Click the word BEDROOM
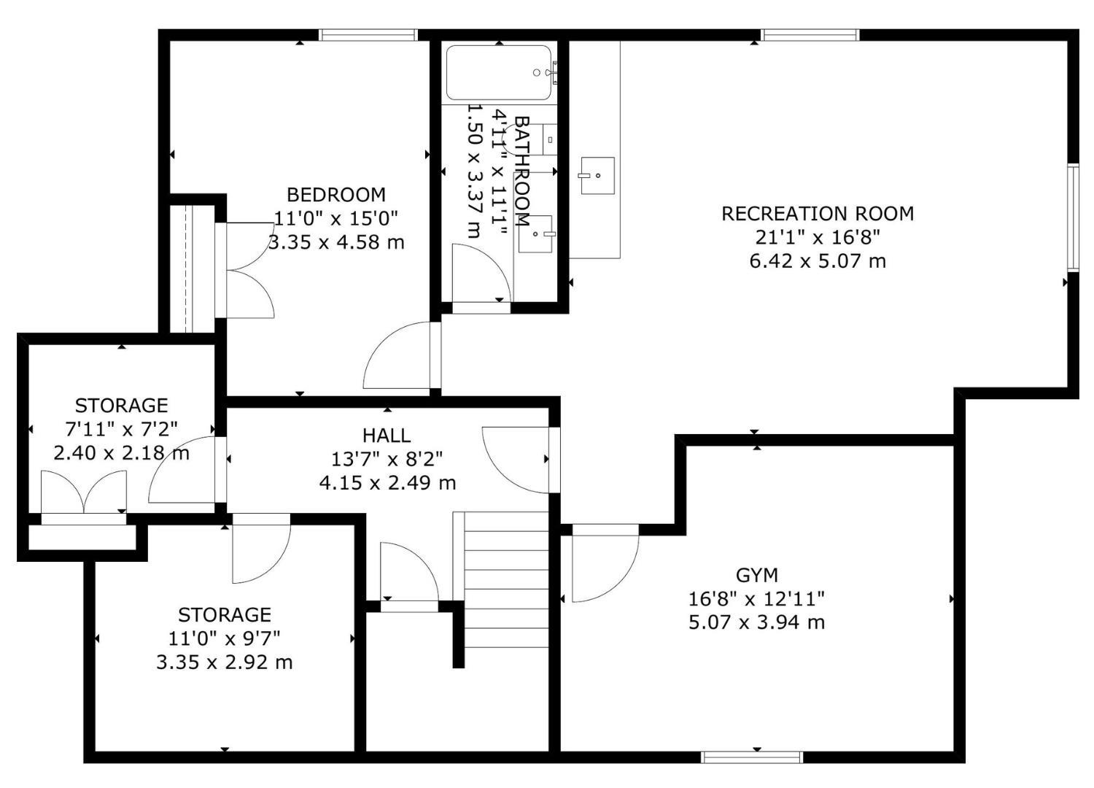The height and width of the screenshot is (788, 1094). pyautogui.click(x=336, y=195)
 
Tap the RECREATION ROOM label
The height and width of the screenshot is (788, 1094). pyautogui.click(x=818, y=214)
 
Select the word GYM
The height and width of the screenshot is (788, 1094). pyautogui.click(x=757, y=576)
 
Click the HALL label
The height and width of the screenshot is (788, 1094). pyautogui.click(x=387, y=436)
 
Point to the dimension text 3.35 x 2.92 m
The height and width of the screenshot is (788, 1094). pyautogui.click(x=225, y=663)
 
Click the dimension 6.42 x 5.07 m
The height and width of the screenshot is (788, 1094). pyautogui.click(x=818, y=261)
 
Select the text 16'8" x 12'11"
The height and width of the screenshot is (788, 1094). pyautogui.click(x=757, y=598)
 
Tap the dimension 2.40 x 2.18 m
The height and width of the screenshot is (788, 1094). pyautogui.click(x=121, y=453)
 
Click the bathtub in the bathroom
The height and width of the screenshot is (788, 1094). pyautogui.click(x=499, y=73)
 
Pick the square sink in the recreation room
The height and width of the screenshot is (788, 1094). pyautogui.click(x=597, y=175)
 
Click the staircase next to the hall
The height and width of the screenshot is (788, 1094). pyautogui.click(x=506, y=580)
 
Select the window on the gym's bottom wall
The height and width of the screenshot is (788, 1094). pyautogui.click(x=752, y=757)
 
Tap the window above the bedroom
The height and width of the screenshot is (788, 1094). pyautogui.click(x=369, y=35)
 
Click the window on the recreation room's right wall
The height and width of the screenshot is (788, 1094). pyautogui.click(x=1073, y=218)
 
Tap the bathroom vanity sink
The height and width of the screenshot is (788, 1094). pyautogui.click(x=535, y=234)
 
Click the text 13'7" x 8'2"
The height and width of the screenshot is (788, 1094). pyautogui.click(x=387, y=459)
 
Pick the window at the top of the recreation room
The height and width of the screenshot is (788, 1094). pyautogui.click(x=811, y=35)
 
